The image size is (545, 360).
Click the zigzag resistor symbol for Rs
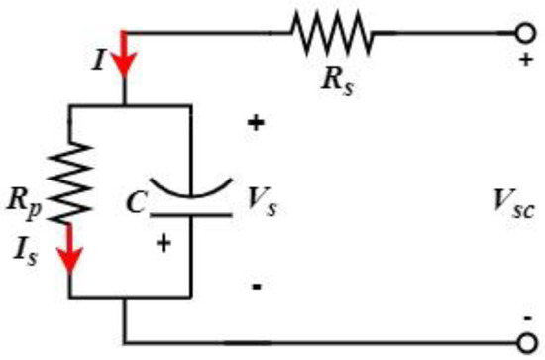(331, 36)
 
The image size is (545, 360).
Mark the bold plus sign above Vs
(256, 124)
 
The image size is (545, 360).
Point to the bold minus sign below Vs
(256, 287)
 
